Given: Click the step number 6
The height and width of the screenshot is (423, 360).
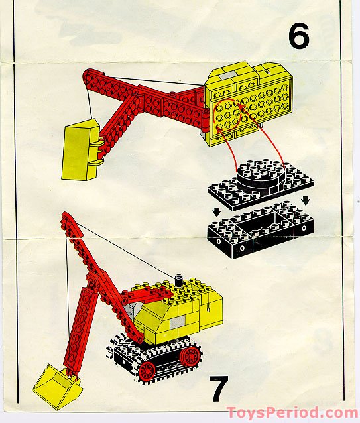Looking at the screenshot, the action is (x=299, y=36).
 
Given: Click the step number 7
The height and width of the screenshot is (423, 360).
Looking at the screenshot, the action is (x=219, y=388).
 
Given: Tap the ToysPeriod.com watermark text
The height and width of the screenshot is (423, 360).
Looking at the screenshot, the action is (x=292, y=413).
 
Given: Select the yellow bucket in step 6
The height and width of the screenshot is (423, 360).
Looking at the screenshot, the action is (x=80, y=150).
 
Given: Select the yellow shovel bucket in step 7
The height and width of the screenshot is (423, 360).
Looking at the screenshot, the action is (x=58, y=386).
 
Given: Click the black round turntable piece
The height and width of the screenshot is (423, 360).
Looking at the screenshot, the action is (x=261, y=178).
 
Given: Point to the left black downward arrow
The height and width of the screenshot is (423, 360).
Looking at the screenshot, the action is (x=217, y=213).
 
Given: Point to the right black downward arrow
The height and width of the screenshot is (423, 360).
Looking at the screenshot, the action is (x=306, y=200).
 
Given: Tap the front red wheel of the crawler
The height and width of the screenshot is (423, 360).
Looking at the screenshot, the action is (x=147, y=371).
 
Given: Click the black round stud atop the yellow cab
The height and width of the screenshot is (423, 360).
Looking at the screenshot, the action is (x=178, y=280).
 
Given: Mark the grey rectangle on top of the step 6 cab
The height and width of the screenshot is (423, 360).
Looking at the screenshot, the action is (x=228, y=76).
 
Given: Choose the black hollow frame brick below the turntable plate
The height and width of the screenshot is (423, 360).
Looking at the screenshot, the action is (x=261, y=229).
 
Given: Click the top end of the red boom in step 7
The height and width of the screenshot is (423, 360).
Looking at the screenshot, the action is (x=65, y=214).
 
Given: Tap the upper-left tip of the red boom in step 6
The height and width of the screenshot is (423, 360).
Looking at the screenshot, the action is (x=86, y=72).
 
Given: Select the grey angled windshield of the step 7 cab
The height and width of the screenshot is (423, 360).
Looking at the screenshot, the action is (x=134, y=308).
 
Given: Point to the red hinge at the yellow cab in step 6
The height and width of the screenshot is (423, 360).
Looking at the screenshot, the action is (x=207, y=119).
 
